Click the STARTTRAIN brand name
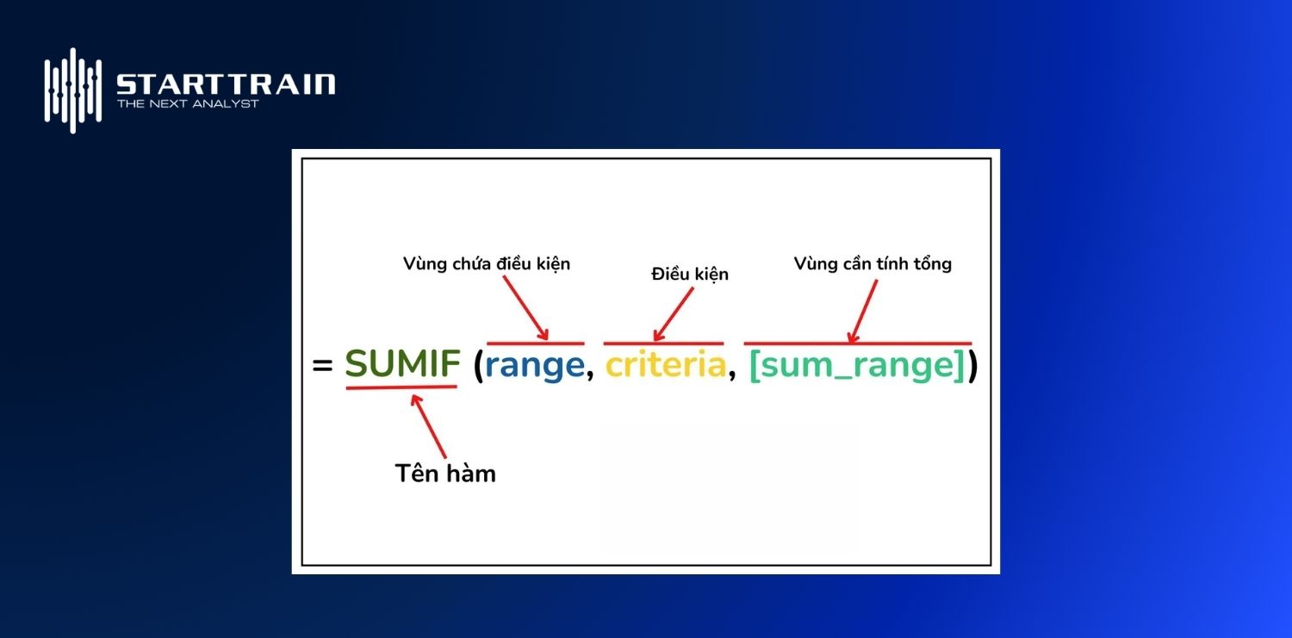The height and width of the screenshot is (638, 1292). pyautogui.click(x=225, y=84)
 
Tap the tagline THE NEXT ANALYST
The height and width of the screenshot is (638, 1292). pyautogui.click(x=188, y=104)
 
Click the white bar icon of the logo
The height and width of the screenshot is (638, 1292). pyautogui.click(x=73, y=90)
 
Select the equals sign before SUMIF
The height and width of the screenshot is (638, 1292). pyautogui.click(x=322, y=366)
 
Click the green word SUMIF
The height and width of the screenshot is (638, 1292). pyautogui.click(x=402, y=366)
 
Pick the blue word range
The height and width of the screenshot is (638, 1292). pyautogui.click(x=534, y=366)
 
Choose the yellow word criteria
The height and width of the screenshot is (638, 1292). pyautogui.click(x=665, y=366)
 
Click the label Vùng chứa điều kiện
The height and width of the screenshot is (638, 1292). pyautogui.click(x=486, y=264)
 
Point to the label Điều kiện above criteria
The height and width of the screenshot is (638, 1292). pyautogui.click(x=690, y=274)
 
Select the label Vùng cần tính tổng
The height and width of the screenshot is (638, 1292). pyautogui.click(x=873, y=263)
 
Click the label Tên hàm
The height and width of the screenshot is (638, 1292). pyautogui.click(x=445, y=473)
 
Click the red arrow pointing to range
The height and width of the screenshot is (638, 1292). pyautogui.click(x=526, y=309)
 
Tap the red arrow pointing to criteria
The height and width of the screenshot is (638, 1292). pyautogui.click(x=673, y=315)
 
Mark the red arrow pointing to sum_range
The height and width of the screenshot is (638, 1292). pyautogui.click(x=862, y=312)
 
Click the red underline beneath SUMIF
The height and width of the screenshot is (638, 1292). pyautogui.click(x=401, y=387)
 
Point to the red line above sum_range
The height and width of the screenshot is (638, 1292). pyautogui.click(x=857, y=344)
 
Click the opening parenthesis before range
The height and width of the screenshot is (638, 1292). pyautogui.click(x=478, y=367)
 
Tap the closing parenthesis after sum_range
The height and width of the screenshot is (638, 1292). pyautogui.click(x=972, y=367)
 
